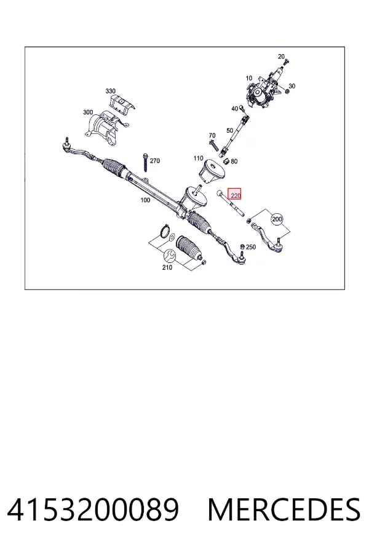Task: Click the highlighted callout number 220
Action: tap(235, 195)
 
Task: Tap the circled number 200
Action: tap(277, 219)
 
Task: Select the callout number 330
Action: tap(111, 92)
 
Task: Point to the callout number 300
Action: tap(88, 112)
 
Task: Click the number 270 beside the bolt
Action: tap(154, 161)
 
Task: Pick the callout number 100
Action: tap(145, 200)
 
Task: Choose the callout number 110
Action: tap(198, 159)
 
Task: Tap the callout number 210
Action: tap(167, 268)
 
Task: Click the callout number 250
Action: tap(251, 247)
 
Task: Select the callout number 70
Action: tap(212, 135)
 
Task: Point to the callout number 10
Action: tap(249, 78)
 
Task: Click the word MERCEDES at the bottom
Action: tap(284, 509)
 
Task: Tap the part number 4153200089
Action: tap(93, 509)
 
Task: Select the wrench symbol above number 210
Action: tap(169, 254)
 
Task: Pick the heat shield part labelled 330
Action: tap(122, 103)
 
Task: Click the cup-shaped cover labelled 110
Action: tap(212, 172)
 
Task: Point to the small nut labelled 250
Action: tap(242, 247)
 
